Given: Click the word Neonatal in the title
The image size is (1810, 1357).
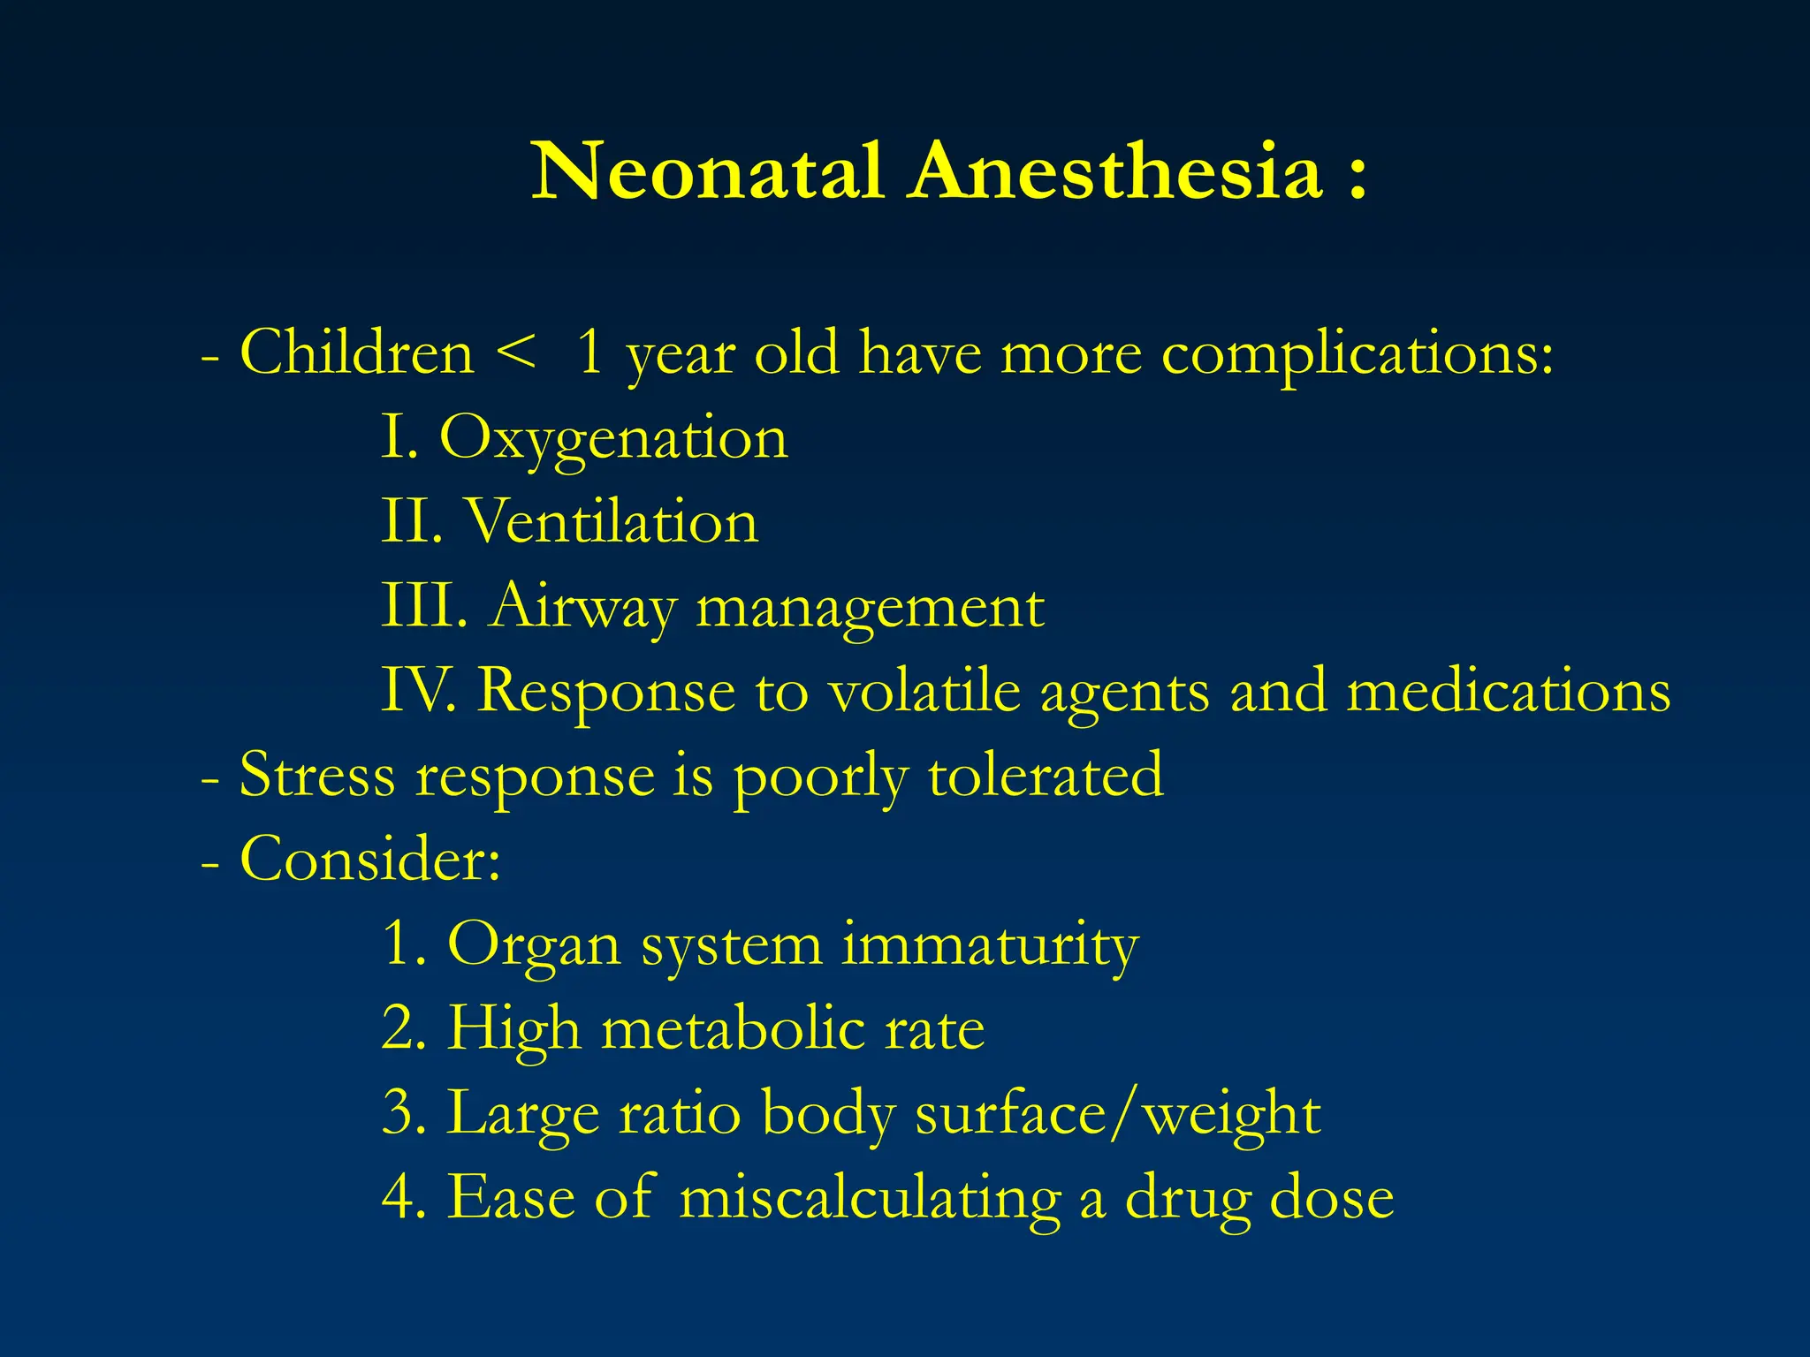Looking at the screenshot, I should pyautogui.click(x=707, y=171).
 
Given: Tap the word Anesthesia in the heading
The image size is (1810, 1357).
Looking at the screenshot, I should pyautogui.click(x=1117, y=171).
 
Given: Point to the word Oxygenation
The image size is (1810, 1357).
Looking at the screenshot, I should pyautogui.click(x=613, y=439).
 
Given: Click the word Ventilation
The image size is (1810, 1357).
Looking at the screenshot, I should pyautogui.click(x=611, y=521).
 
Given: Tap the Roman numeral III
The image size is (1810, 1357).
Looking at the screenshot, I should pyautogui.click(x=423, y=606).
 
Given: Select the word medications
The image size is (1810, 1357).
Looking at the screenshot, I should pyautogui.click(x=1509, y=690).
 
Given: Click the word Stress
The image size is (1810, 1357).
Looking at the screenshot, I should pyautogui.click(x=317, y=775).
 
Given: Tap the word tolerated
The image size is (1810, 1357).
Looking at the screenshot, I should pyautogui.click(x=1046, y=775).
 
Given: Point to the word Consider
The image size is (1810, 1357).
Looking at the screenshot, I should pyautogui.click(x=369, y=859).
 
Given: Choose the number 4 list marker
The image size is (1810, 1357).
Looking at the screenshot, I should pyautogui.click(x=403, y=1198).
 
